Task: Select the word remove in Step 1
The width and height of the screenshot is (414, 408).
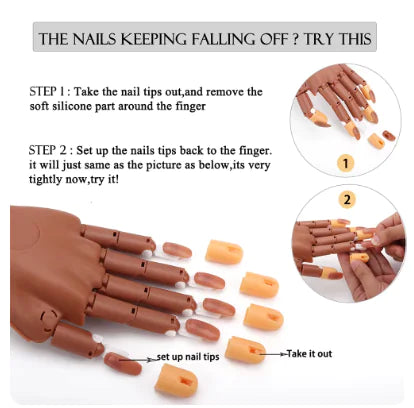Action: (226, 91)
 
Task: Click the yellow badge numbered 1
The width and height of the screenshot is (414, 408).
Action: (344, 161)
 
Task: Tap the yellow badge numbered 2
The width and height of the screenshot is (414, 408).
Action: (347, 199)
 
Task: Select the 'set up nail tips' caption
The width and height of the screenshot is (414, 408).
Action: (188, 356)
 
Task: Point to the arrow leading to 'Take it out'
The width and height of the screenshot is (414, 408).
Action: (273, 353)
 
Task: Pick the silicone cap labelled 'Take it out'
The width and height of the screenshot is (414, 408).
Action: (244, 350)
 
